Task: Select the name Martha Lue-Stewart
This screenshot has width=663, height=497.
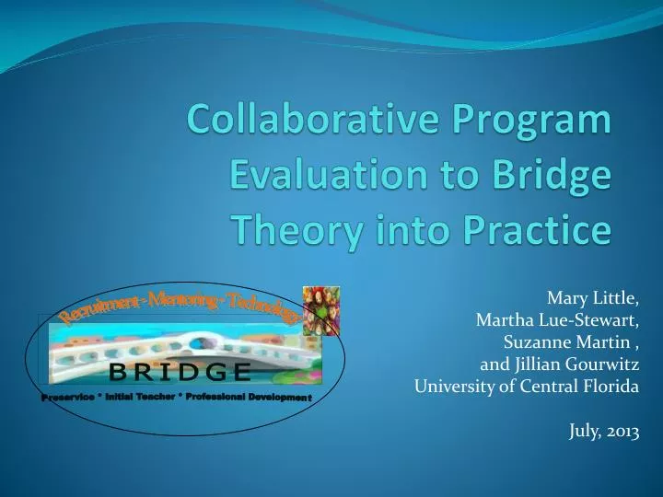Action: click(x=557, y=320)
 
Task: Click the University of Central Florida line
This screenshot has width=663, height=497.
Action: click(x=526, y=387)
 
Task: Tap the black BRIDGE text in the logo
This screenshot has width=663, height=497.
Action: click(x=180, y=371)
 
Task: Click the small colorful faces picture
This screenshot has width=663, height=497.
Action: click(x=321, y=310)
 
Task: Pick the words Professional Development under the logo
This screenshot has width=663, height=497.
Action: click(x=252, y=396)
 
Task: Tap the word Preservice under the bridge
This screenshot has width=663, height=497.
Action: click(x=67, y=397)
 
